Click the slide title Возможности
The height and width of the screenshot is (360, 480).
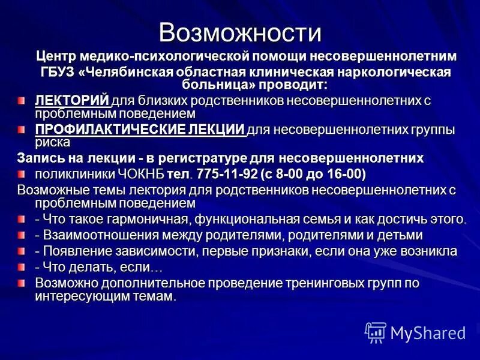[x=240, y=31]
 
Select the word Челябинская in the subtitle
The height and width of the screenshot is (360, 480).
[x=138, y=72]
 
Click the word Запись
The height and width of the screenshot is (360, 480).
[x=40, y=158]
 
